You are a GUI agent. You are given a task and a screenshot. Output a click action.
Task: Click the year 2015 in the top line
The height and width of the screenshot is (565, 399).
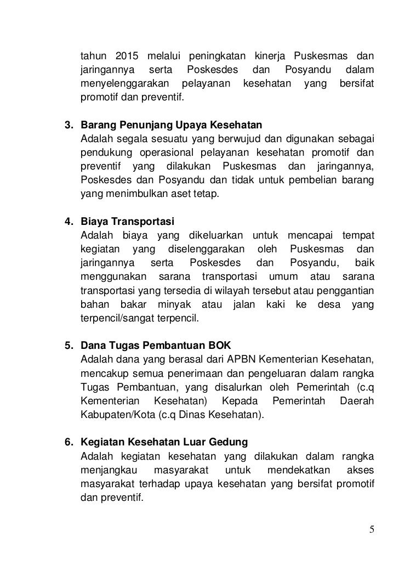pos(127,56)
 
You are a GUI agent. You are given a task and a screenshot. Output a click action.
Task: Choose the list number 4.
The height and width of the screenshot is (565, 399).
pos(69,222)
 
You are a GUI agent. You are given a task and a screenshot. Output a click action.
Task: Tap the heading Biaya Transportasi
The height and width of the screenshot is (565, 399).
pos(127,222)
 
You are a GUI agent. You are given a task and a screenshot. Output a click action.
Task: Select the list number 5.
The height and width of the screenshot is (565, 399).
pos(69,346)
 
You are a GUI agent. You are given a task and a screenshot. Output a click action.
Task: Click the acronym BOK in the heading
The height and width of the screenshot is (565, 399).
pos(220,346)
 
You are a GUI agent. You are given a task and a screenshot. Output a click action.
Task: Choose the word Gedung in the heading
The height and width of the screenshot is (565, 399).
pos(226,442)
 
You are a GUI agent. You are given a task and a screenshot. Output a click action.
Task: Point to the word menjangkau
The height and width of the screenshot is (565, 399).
pos(109,471)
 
